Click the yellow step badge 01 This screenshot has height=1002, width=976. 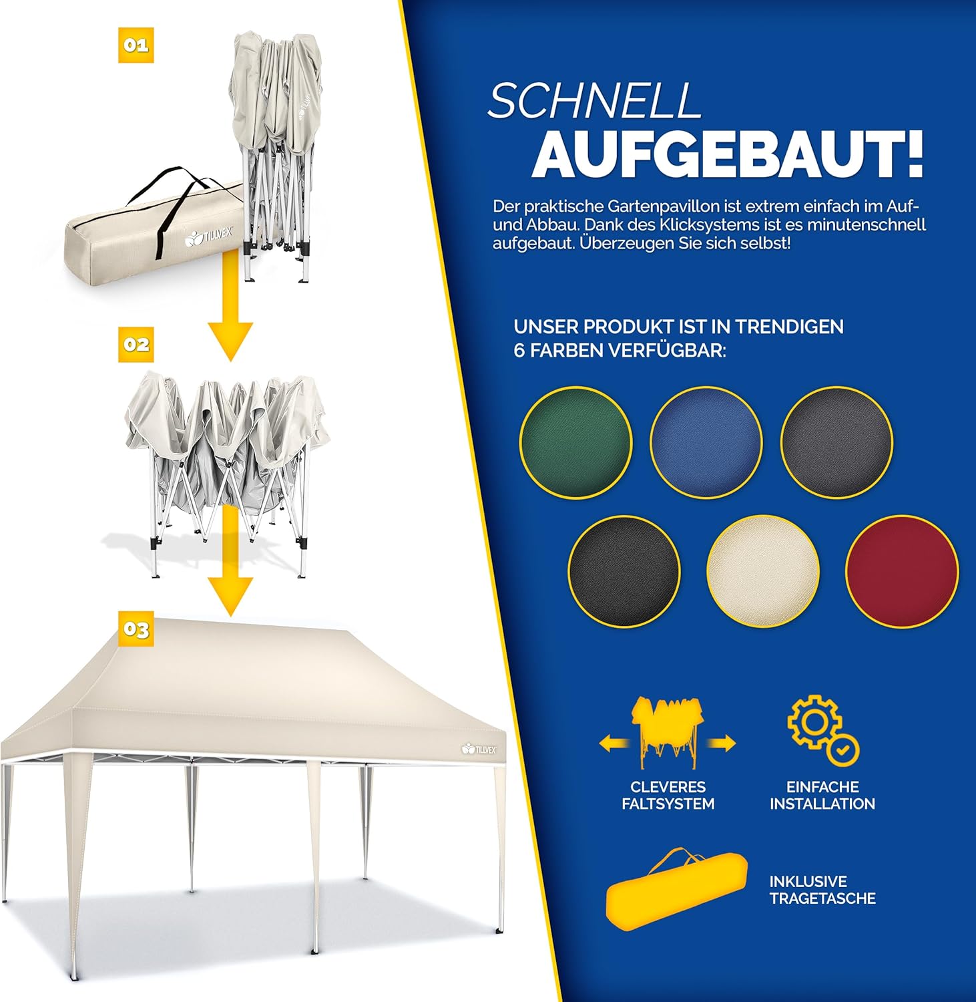[x=136, y=45]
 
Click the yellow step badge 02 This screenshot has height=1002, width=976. [x=136, y=345]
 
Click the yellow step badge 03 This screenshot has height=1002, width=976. [x=136, y=629]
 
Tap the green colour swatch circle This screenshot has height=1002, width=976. [x=575, y=442]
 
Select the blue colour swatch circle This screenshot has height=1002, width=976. [x=706, y=442]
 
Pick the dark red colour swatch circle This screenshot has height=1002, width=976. [x=902, y=572]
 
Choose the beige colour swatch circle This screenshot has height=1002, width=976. [x=763, y=572]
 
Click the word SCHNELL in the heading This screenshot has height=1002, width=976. [x=595, y=102]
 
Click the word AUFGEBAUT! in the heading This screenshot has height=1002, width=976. [x=728, y=156]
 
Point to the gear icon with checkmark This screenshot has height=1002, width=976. [x=822, y=730]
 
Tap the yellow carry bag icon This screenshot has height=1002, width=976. [x=676, y=888]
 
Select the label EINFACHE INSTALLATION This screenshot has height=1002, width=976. [x=822, y=796]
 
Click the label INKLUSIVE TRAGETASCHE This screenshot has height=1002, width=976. [x=822, y=890]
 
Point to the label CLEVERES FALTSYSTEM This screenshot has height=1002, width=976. [x=668, y=796]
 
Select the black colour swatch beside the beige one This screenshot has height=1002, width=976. [x=624, y=572]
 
